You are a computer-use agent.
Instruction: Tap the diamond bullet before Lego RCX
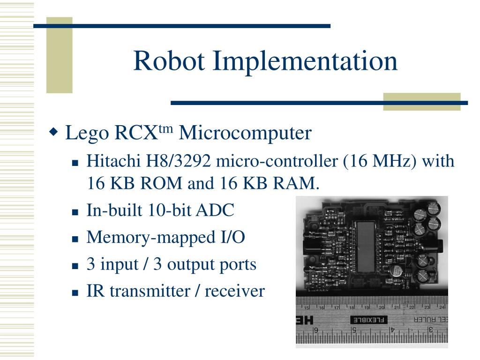pyautogui.click(x=54, y=131)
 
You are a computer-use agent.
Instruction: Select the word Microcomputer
pyautogui.click(x=245, y=133)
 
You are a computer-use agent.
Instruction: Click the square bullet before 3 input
pyautogui.click(x=75, y=266)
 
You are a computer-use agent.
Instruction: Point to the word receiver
pyautogui.click(x=235, y=291)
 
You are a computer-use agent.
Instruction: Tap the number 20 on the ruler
pyautogui.click(x=382, y=307)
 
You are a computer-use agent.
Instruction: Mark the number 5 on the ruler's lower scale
pyautogui.click(x=354, y=331)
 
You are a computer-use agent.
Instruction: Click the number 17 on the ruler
pyautogui.click(x=337, y=308)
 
